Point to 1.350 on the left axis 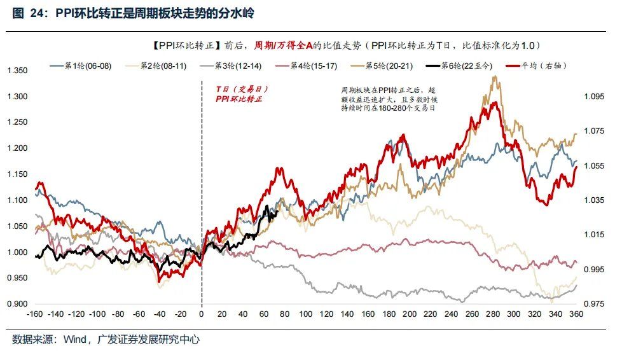(17, 71)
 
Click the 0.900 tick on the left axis (17, 304)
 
